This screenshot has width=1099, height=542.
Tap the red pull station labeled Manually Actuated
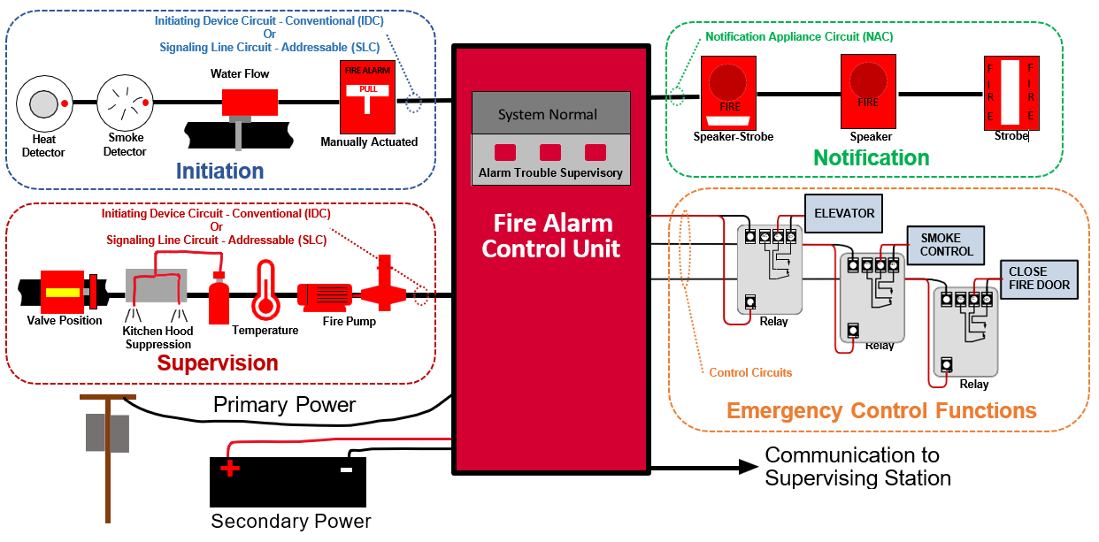pyautogui.click(x=365, y=99)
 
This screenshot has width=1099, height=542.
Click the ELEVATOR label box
pyautogui.click(x=843, y=213)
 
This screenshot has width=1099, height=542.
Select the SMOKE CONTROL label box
pyautogui.click(x=946, y=245)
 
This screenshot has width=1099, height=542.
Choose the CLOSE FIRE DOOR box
pyautogui.click(x=1039, y=278)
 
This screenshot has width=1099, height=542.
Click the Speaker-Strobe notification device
pyautogui.click(x=729, y=91)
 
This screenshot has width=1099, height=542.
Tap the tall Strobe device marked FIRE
pyautogui.click(x=1011, y=91)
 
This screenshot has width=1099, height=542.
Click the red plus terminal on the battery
pyautogui.click(x=230, y=468)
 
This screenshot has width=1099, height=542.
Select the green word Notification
pyautogui.click(x=871, y=158)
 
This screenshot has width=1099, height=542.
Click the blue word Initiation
pyautogui.click(x=219, y=171)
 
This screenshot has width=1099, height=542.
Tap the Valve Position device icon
pyautogui.click(x=63, y=292)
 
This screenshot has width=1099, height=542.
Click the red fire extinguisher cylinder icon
pyautogui.click(x=219, y=299)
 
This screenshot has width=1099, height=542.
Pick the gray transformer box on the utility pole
pyautogui.click(x=107, y=433)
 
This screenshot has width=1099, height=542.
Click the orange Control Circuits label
pyautogui.click(x=750, y=373)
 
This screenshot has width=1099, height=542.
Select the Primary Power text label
pyautogui.click(x=284, y=405)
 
